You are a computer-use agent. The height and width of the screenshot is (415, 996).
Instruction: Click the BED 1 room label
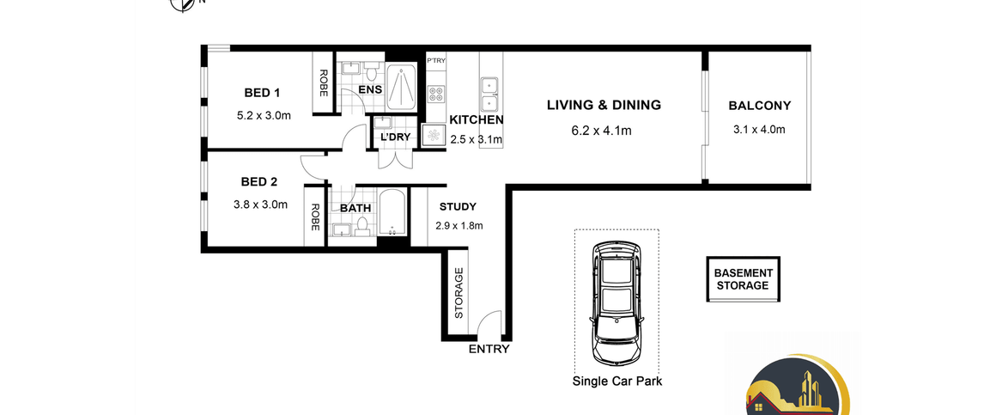point(262,94)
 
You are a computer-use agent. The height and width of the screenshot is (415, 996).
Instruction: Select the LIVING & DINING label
point(604,105)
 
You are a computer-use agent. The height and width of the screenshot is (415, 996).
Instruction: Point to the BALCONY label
point(760,107)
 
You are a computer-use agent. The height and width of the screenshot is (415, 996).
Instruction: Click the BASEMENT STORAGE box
point(744,279)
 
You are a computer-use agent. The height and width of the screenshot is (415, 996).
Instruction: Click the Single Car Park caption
point(617,382)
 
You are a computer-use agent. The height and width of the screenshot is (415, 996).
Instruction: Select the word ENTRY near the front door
point(489,349)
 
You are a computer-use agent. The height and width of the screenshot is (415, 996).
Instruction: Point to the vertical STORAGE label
point(459,293)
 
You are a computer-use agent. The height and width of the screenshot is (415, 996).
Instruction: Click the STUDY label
point(458,206)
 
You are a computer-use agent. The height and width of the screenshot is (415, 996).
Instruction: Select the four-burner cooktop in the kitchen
point(436,94)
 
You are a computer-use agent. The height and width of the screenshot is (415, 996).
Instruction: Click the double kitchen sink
point(489,94)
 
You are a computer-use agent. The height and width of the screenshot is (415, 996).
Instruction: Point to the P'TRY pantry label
point(436,60)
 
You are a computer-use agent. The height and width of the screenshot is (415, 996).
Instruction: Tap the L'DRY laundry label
point(395,137)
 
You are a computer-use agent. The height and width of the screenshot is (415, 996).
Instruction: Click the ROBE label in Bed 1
point(323,82)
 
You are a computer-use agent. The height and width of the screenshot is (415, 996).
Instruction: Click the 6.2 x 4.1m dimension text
point(601,131)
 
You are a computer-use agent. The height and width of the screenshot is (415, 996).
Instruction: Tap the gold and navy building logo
point(797,385)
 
